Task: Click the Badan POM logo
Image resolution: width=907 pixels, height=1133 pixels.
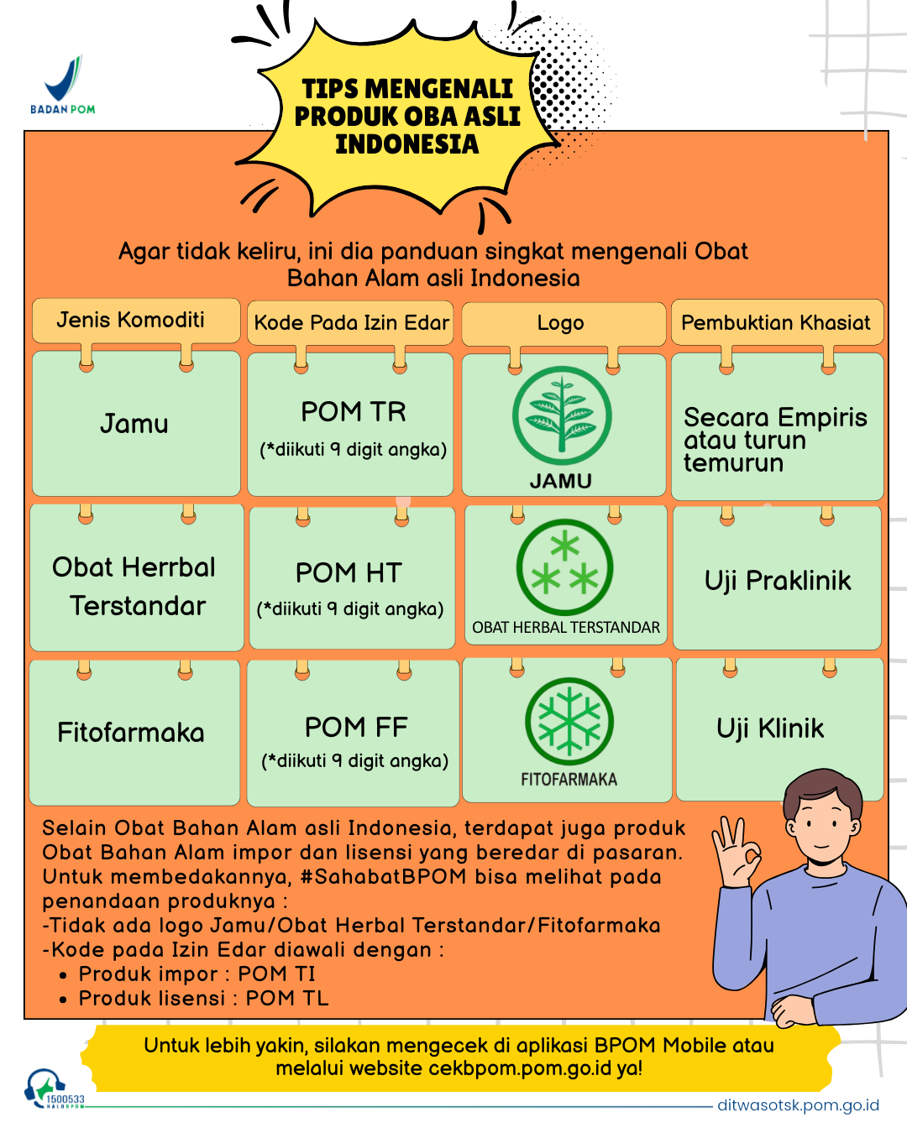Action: point(63,84)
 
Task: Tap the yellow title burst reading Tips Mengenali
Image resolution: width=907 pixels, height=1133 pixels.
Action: point(406,117)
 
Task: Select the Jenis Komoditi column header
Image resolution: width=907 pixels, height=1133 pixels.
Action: point(136,321)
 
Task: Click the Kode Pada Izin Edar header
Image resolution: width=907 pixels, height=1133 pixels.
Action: point(350,323)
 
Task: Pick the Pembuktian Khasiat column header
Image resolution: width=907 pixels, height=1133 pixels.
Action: point(777,322)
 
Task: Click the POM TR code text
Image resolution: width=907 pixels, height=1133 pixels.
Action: point(353,412)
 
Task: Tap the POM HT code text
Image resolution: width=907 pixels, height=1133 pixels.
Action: point(349,573)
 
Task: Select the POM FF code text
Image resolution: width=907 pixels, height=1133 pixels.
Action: point(356,727)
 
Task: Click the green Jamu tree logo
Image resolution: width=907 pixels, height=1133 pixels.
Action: point(562,415)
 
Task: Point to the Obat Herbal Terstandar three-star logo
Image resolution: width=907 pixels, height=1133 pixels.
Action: point(564,567)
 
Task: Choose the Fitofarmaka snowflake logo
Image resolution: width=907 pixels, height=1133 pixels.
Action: point(569,721)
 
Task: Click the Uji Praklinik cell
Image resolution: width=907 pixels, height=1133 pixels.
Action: point(777,577)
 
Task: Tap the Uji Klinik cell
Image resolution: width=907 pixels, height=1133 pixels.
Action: point(779,729)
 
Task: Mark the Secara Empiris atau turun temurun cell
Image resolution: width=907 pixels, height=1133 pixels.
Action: point(778,426)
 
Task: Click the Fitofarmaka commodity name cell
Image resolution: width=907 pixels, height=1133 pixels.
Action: point(134,733)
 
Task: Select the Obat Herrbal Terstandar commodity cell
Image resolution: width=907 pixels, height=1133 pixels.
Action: point(137,577)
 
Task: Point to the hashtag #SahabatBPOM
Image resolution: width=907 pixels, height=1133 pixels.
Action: point(383,877)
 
